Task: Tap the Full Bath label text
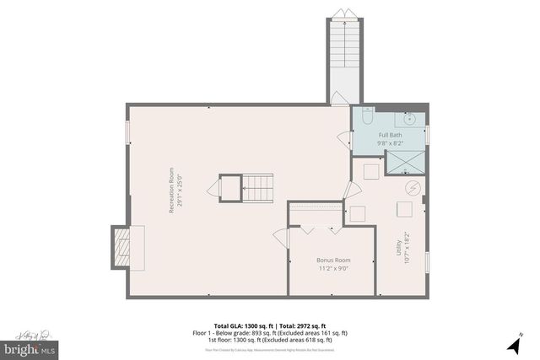tap(390, 135)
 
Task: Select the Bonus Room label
tap(334, 260)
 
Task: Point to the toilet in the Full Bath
tap(367, 116)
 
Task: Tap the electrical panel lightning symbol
tap(413, 187)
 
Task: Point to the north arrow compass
tap(514, 345)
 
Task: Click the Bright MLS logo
tap(30, 347)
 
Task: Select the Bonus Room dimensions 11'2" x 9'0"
tap(334, 269)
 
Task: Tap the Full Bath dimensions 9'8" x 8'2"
tap(390, 143)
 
